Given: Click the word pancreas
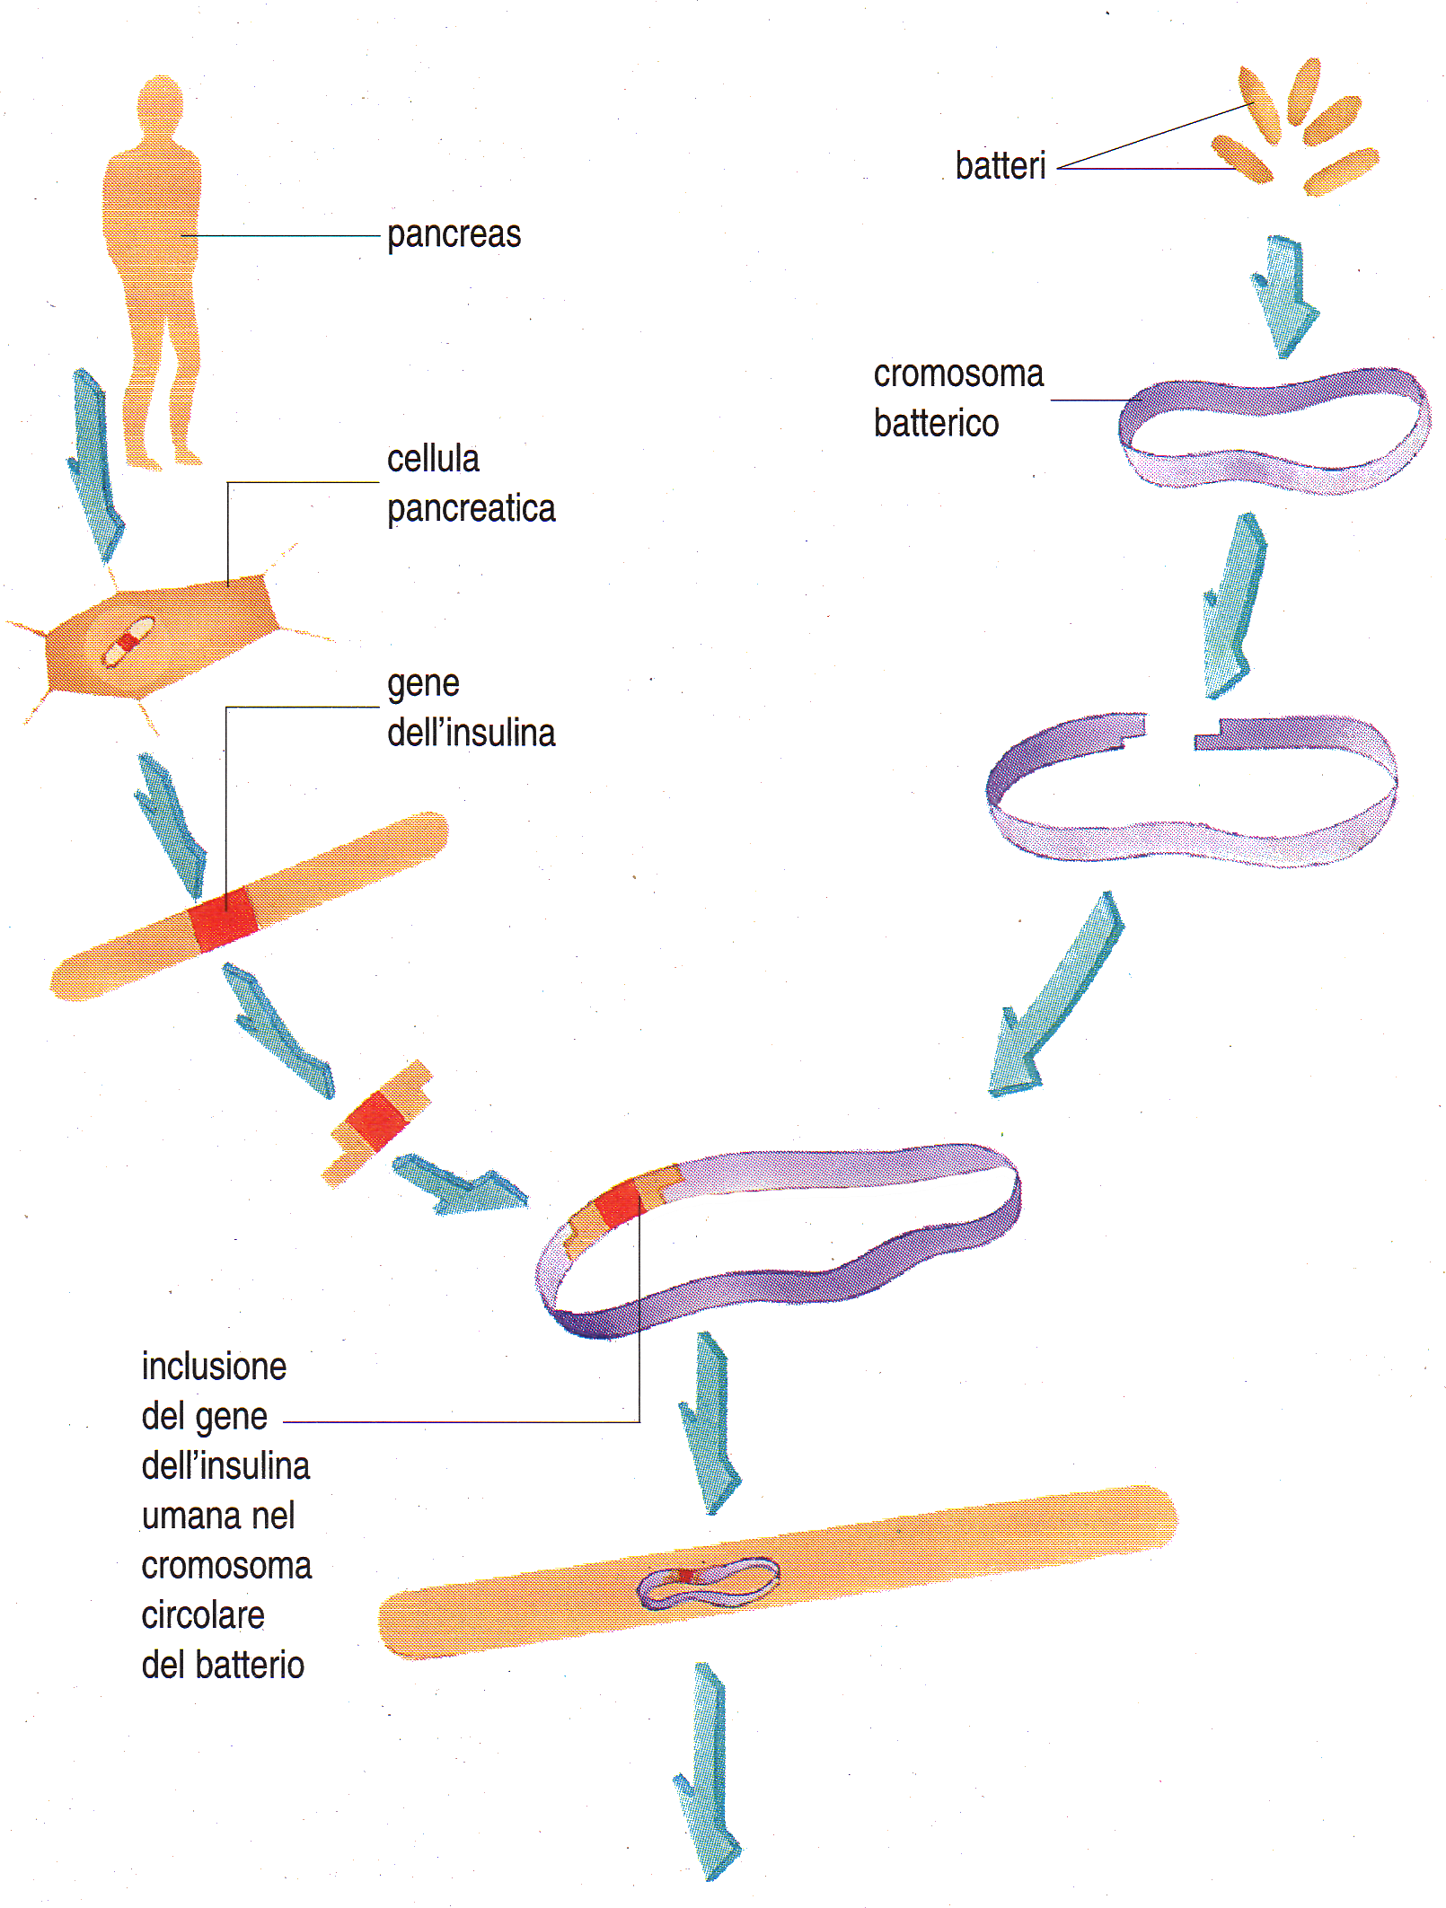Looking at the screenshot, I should [454, 235].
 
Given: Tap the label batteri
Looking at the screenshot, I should [1001, 167].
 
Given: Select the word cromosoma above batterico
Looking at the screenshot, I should [958, 374].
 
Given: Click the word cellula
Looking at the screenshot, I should [433, 460].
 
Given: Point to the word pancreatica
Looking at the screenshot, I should [472, 509].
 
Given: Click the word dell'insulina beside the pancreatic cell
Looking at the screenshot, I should [472, 734].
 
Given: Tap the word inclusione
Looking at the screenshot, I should [215, 1367].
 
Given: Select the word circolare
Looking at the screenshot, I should [204, 1616].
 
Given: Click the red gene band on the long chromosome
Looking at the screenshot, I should [225, 920].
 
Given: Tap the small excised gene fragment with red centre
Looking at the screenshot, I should [376, 1122].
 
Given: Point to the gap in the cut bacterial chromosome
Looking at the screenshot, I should [1171, 729].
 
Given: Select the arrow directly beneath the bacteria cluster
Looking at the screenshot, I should [1284, 296].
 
